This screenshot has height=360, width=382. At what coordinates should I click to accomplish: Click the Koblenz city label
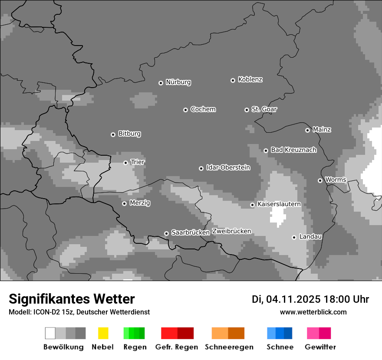pyautogui.click(x=250, y=79)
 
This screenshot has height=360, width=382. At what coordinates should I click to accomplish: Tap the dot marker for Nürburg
pyautogui.click(x=161, y=83)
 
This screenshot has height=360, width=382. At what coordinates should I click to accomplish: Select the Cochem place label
pyautogui.click(x=203, y=109)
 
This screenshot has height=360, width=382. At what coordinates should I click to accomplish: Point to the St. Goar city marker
pyautogui.click(x=247, y=110)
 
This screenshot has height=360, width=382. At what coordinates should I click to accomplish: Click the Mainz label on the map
pyautogui.click(x=322, y=129)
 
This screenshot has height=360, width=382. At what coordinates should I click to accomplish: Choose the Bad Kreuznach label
pyautogui.click(x=293, y=150)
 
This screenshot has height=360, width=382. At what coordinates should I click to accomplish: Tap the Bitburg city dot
pyautogui.click(x=113, y=134)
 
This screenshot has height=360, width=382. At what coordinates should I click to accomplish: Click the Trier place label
pyautogui.click(x=138, y=162)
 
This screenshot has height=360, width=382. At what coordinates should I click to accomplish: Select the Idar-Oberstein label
pyautogui.click(x=228, y=167)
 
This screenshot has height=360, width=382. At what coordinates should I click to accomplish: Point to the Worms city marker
pyautogui.click(x=320, y=180)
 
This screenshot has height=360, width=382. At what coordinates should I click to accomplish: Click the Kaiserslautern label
pyautogui.click(x=279, y=204)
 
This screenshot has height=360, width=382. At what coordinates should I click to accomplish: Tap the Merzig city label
pyautogui.click(x=140, y=203)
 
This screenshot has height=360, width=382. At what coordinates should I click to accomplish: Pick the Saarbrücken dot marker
pyautogui.click(x=166, y=233)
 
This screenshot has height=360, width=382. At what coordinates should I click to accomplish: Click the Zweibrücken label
pyautogui.click(x=231, y=231)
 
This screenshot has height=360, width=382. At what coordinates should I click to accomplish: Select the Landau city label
pyautogui.click(x=310, y=236)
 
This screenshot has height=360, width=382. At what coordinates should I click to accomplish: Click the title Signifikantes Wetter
pyautogui.click(x=72, y=299)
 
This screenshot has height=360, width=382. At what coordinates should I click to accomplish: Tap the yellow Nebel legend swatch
pyautogui.click(x=103, y=333)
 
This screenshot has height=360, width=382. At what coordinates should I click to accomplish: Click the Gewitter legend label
pyautogui.click(x=320, y=347)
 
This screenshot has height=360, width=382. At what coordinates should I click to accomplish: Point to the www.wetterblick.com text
pyautogui.click(x=313, y=312)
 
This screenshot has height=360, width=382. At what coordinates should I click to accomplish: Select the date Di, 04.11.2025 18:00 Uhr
pyautogui.click(x=310, y=299)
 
